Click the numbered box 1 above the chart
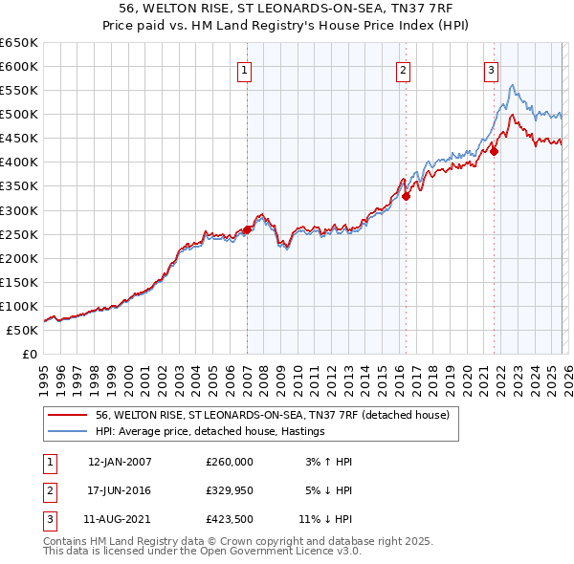(245, 69)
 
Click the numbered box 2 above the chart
(404, 69)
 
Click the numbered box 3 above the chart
(491, 69)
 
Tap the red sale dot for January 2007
(248, 229)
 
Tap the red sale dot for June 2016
(407, 196)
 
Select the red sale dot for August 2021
(495, 151)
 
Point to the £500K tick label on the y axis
(19, 115)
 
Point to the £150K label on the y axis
(19, 282)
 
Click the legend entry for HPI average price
(210, 431)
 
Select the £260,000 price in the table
(230, 462)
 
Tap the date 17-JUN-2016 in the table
(119, 490)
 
